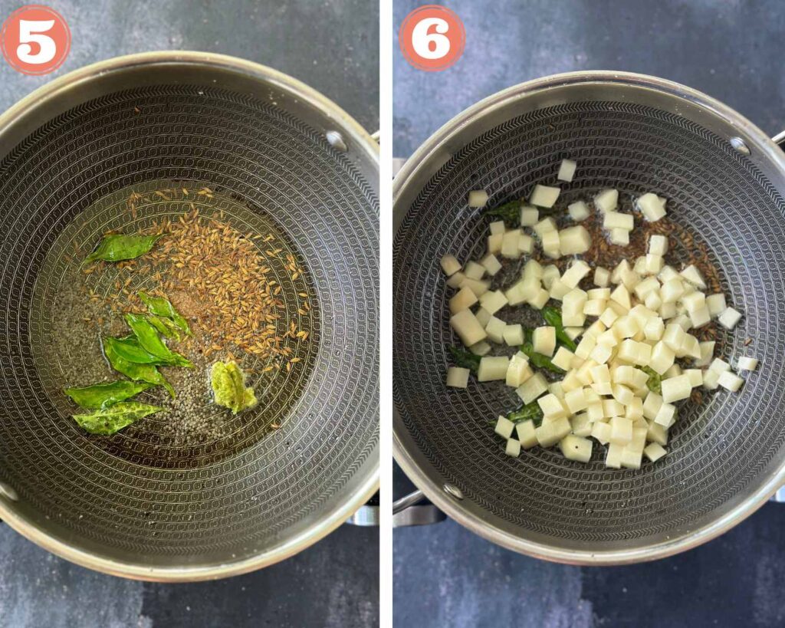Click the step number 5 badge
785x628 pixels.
(x=35, y=40)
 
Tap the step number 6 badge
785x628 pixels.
(x=432, y=38)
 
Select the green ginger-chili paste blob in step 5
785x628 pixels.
(x=232, y=386)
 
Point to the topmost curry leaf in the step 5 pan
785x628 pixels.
(x=122, y=248)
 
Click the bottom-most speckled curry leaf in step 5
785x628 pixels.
(x=117, y=418)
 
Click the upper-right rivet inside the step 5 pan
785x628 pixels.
(x=337, y=141)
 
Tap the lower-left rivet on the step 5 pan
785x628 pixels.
(x=8, y=492)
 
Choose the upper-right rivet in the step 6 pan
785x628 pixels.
(x=740, y=146)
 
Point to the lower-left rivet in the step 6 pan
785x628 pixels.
(x=453, y=492)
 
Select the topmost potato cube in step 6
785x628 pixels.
(x=567, y=170)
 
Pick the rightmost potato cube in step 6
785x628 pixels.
(x=747, y=363)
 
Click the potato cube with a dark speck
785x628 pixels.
(x=576, y=449)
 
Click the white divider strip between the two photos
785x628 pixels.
(x=386, y=314)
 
